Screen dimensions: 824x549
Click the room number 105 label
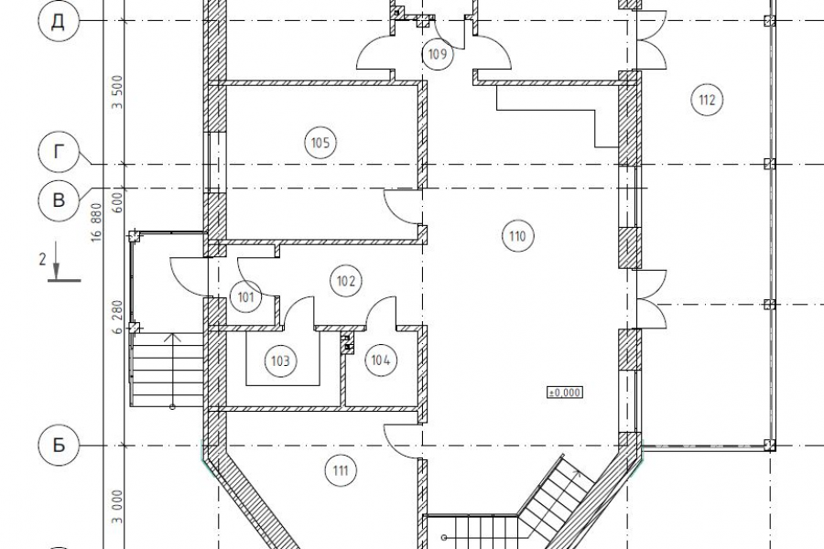(320, 143)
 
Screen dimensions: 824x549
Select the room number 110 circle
(517, 236)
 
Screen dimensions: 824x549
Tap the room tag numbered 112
(707, 100)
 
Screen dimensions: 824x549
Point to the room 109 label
(438, 54)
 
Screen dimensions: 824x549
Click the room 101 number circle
(246, 297)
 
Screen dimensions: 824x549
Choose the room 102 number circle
(346, 281)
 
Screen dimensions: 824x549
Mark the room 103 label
(281, 361)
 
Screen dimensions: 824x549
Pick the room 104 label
(381, 360)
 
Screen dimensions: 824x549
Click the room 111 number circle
(341, 470)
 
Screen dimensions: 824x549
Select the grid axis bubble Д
(59, 21)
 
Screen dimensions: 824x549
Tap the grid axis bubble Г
(59, 152)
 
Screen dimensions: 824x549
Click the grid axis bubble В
(59, 200)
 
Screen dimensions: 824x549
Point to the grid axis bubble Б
(59, 446)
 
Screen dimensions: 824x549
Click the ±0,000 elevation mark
(565, 393)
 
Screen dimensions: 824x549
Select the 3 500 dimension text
(117, 92)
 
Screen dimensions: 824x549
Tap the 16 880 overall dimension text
(96, 222)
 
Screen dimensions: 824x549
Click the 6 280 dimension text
(117, 317)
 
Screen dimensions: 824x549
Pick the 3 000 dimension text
(117, 507)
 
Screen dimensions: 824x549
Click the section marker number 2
(42, 259)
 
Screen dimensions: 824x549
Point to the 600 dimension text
(117, 200)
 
